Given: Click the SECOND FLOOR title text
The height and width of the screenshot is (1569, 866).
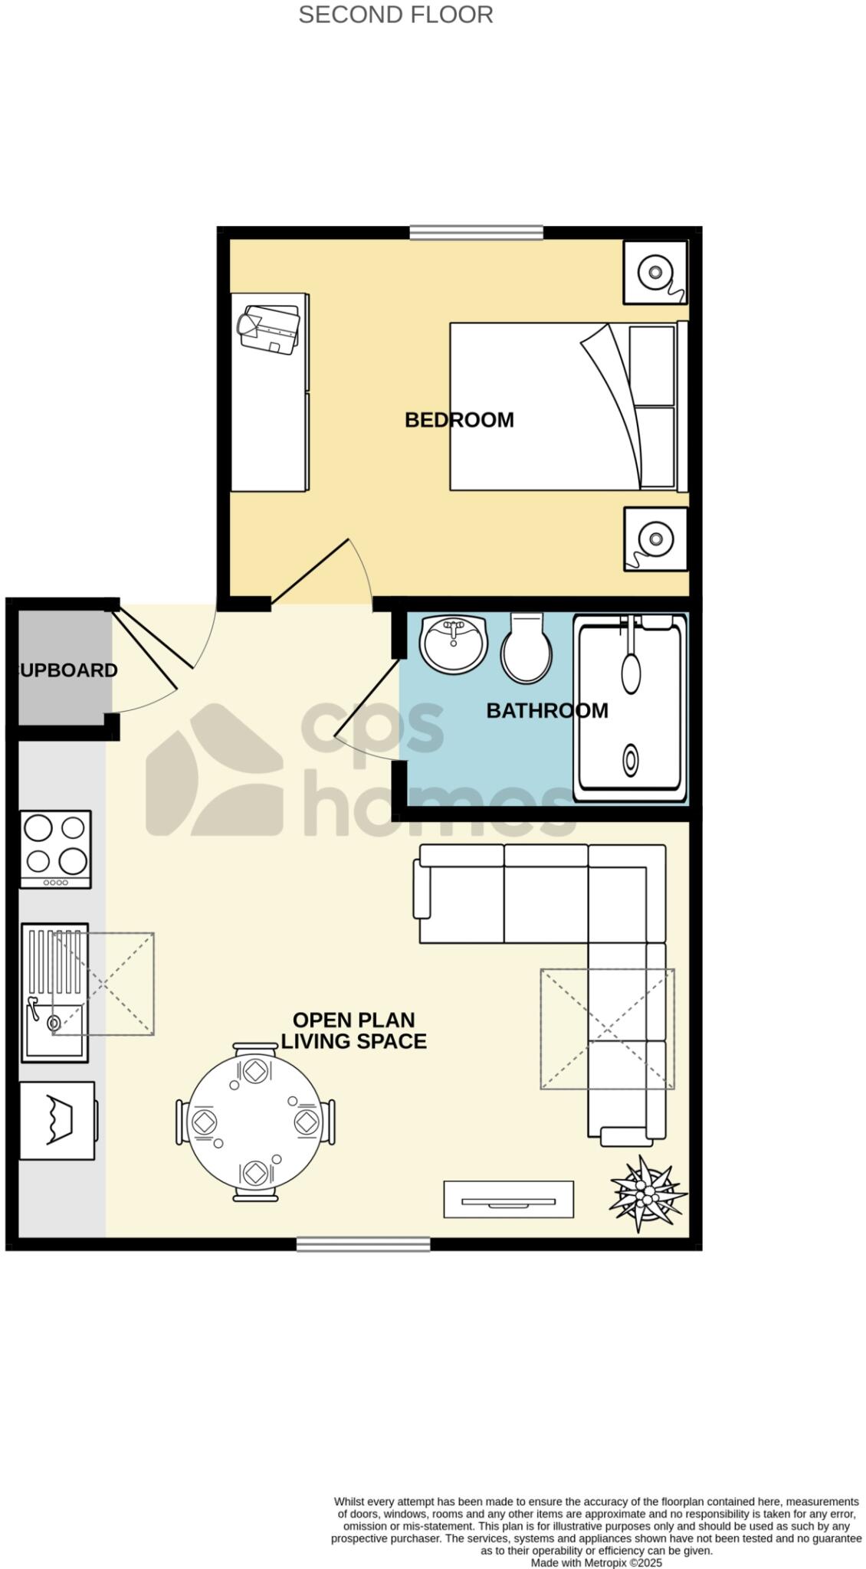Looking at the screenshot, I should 395,15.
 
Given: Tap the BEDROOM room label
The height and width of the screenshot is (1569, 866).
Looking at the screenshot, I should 458,419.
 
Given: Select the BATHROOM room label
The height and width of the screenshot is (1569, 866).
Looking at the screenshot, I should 546,710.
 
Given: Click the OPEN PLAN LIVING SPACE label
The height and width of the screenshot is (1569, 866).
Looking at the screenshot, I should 353,1030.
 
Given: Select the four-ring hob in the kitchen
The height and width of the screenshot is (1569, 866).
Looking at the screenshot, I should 55,848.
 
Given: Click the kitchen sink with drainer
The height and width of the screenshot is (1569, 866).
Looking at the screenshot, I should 54,992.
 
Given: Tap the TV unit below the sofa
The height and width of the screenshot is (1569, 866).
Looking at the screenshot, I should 508,1199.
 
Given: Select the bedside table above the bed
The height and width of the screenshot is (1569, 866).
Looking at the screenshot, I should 654,271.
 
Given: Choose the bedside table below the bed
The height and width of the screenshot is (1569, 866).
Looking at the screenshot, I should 654,538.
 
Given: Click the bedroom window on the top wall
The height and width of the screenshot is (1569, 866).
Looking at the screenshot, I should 476,231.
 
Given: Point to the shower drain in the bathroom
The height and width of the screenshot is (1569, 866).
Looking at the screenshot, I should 630,761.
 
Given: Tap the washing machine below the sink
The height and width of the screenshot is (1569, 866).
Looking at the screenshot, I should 57,1120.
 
